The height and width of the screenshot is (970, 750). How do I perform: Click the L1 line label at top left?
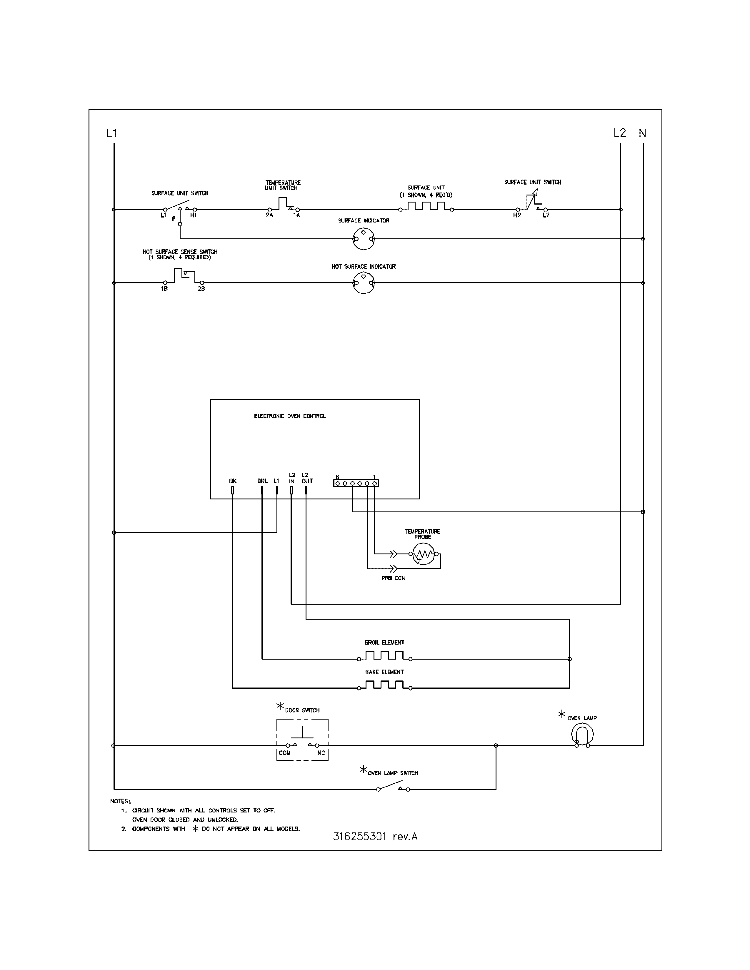click(x=111, y=133)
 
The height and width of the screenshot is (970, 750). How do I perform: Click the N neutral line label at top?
click(x=642, y=133)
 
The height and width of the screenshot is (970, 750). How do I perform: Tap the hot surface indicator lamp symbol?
click(x=364, y=283)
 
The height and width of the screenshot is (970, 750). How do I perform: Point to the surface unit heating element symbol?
click(x=426, y=207)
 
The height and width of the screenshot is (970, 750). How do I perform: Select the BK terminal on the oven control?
click(x=232, y=490)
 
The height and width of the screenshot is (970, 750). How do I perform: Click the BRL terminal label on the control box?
click(x=262, y=481)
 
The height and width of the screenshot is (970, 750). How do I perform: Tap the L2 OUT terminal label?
click(x=306, y=478)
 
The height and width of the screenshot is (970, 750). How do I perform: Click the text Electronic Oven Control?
click(x=290, y=416)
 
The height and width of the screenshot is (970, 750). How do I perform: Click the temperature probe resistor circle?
click(x=424, y=554)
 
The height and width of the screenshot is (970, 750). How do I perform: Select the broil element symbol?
click(x=384, y=655)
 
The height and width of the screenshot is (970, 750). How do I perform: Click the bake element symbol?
click(x=384, y=685)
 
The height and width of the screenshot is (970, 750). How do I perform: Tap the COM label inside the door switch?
click(x=284, y=753)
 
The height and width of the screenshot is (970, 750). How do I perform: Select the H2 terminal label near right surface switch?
click(x=517, y=215)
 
